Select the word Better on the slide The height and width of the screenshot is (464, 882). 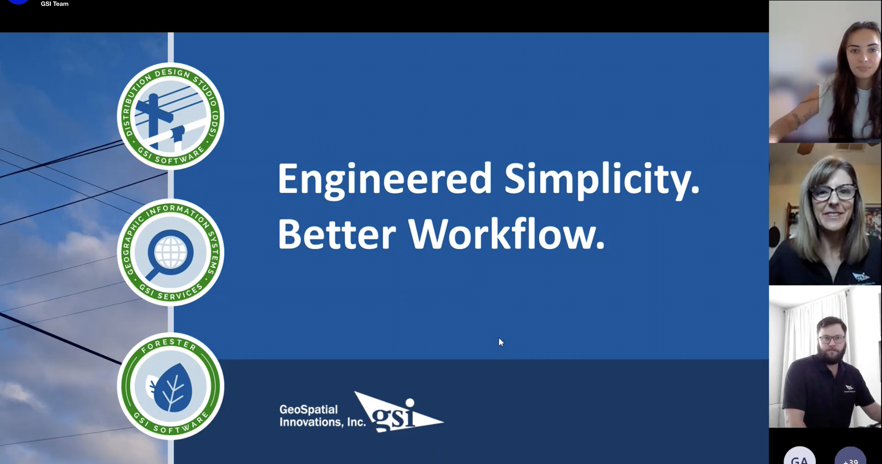(x=337, y=235)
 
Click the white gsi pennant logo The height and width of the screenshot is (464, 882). (x=398, y=412)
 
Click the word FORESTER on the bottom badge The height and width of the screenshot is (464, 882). (x=168, y=345)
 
